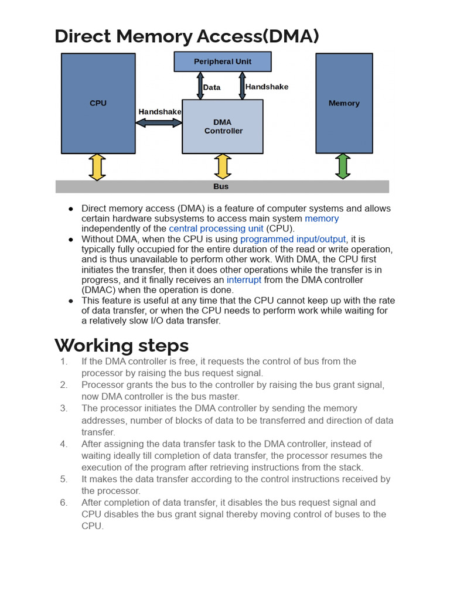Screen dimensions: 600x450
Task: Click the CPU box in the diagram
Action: [x=98, y=103]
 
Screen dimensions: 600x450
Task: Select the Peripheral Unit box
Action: [x=223, y=62]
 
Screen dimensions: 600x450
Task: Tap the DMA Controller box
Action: [x=223, y=127]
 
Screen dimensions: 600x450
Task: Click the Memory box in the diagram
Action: [x=344, y=103]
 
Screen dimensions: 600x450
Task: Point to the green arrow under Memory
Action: [x=343, y=166]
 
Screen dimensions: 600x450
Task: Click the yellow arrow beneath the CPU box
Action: [x=97, y=167]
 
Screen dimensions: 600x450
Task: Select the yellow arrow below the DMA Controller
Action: [x=223, y=167]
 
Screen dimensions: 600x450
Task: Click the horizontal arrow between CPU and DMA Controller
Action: [x=159, y=122]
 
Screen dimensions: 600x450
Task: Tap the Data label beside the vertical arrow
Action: [x=212, y=87]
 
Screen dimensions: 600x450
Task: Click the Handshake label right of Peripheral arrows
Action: [x=267, y=87]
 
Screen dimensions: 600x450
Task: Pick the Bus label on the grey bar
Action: [x=221, y=186]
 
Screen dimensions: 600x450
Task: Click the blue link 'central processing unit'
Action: [x=216, y=229]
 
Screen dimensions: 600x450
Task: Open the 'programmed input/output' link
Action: [x=293, y=239]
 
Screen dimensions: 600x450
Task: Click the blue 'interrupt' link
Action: [x=244, y=280]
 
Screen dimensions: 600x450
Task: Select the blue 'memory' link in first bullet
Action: [x=321, y=219]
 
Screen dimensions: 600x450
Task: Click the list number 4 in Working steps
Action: [x=64, y=444]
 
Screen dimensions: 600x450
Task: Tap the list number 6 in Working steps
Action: [x=64, y=503]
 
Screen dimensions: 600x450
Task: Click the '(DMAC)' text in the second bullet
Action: [x=99, y=290]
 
